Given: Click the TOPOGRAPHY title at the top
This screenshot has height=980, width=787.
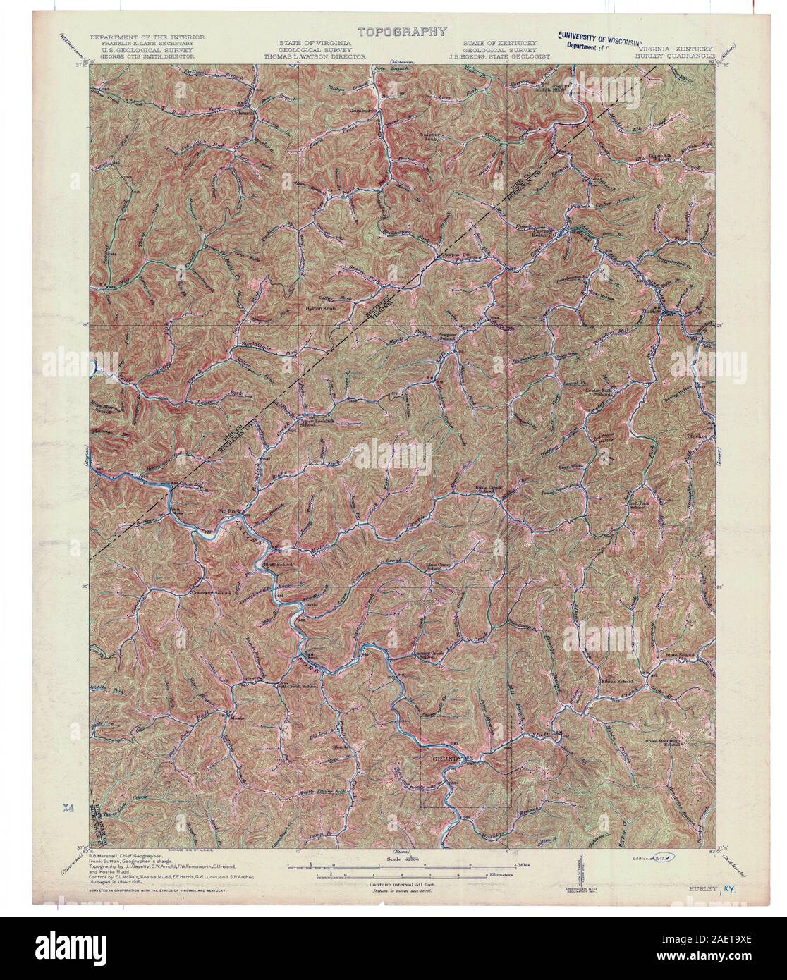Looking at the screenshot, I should pyautogui.click(x=402, y=31).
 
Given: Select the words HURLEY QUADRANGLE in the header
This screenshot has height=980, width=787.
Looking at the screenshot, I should pyautogui.click(x=674, y=54).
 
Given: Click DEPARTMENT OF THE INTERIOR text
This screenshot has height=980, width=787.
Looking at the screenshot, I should pyautogui.click(x=147, y=37).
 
